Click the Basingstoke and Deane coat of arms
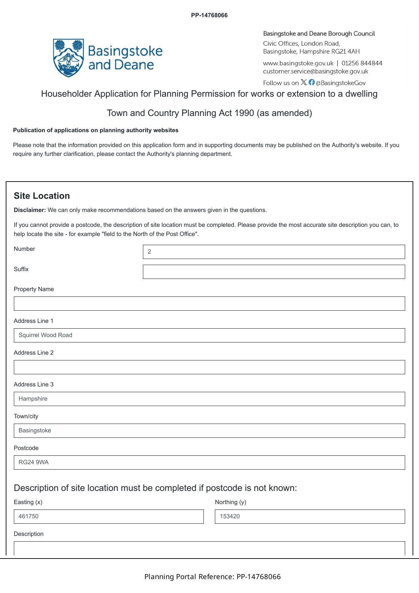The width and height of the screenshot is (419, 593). pos(68,58)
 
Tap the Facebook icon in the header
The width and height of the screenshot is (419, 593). pos(312,82)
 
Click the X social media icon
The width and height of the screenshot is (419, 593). pos(304,82)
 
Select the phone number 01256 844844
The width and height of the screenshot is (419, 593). pos(362,63)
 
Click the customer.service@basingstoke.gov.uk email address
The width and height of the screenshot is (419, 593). pos(315,71)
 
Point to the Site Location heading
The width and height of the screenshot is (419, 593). pos(42,196)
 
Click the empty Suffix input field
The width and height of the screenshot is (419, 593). pos(274,272)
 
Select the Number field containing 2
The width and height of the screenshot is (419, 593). pos(274,252)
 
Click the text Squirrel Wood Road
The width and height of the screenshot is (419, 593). pos(45,335)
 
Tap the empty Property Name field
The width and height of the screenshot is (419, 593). pos(209,304)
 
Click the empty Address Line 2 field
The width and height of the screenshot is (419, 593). pos(209,367)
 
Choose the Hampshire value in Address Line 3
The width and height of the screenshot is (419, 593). pos(33,399)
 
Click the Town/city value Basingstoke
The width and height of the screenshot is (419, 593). pos(35,430)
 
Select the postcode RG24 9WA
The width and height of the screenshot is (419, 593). pos(33,462)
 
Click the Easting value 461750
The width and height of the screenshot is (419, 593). pos(28,516)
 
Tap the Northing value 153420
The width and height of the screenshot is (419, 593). pos(230,516)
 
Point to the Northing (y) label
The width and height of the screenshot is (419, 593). pos(230,502)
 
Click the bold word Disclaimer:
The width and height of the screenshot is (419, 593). pos(30,210)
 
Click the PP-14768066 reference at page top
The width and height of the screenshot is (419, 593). pos(209,15)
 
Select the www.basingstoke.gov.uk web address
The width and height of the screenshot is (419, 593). pos(298,63)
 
